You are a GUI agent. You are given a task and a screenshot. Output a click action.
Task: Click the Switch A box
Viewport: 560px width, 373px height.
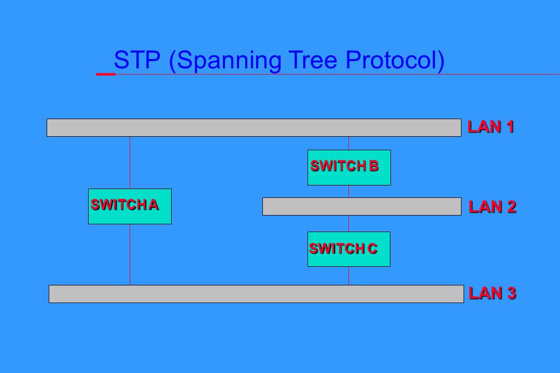[x=130, y=206]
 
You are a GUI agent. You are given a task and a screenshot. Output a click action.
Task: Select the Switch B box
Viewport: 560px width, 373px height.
[x=349, y=167]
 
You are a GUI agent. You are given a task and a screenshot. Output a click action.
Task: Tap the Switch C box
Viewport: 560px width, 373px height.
[x=348, y=249]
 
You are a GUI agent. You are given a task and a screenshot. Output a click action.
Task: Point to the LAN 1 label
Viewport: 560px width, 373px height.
[x=491, y=127]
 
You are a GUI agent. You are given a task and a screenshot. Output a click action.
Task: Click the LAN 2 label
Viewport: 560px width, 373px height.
[x=492, y=207]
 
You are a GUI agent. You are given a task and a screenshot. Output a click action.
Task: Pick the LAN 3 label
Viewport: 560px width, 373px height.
[x=492, y=293]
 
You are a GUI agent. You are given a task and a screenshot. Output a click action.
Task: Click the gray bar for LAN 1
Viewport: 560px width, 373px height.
[x=254, y=127]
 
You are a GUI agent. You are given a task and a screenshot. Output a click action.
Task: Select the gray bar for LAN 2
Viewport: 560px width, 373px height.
[x=362, y=206]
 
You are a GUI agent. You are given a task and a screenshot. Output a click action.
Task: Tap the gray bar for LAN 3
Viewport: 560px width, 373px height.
[x=256, y=294]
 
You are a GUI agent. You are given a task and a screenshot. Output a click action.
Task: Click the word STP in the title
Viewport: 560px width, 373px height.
[x=137, y=60]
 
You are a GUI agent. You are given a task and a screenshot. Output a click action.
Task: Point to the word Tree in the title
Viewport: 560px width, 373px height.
[x=313, y=60]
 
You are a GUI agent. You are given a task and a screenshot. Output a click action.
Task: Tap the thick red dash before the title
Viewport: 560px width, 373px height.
[x=106, y=74]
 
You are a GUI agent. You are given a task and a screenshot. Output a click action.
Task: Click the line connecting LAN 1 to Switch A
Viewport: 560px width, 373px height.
[x=130, y=162]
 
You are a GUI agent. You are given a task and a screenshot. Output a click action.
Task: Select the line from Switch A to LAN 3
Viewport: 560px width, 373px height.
[x=130, y=254]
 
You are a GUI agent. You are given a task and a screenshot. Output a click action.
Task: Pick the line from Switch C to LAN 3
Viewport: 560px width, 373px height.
[x=348, y=276]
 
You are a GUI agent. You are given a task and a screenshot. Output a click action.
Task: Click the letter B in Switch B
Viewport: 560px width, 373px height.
[x=373, y=166]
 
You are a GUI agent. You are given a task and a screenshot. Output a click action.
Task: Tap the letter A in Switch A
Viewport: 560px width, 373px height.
[x=153, y=205]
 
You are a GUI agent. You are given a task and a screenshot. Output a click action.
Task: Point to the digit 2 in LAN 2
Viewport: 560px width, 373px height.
[x=511, y=207]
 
